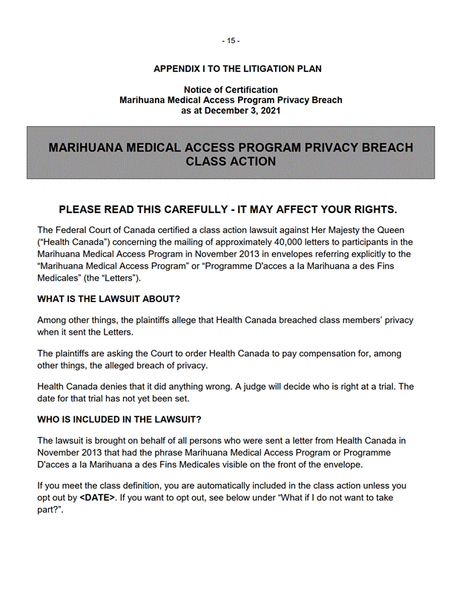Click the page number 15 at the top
pos(231,41)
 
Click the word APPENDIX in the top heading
pos(179,69)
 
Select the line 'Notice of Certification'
pos(231,90)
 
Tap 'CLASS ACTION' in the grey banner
pos(231,162)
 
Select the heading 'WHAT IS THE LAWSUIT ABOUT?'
pos(109,299)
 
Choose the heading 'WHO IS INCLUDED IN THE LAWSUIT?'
pos(119,419)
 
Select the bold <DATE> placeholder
pos(97,497)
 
